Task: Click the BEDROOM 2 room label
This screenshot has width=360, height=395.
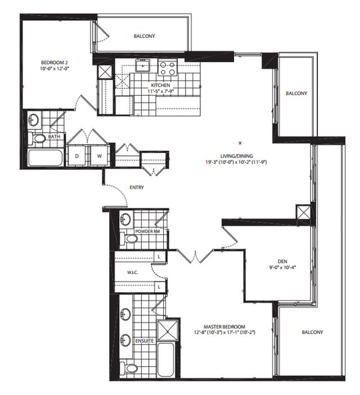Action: [x=55, y=62]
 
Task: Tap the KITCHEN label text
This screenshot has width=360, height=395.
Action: [x=160, y=85]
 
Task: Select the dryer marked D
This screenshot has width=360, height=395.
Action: [x=77, y=155]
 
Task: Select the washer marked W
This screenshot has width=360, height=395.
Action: [x=99, y=155]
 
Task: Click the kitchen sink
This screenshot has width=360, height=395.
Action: [x=142, y=65]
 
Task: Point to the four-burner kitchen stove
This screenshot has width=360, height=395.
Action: [x=168, y=68]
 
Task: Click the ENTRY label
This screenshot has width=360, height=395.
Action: [x=137, y=187]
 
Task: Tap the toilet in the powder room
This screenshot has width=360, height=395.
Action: [x=129, y=239]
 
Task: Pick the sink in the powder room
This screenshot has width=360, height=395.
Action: [x=125, y=219]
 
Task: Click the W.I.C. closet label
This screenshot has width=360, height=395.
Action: [x=132, y=272]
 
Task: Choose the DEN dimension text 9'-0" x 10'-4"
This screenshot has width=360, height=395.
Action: [x=282, y=267]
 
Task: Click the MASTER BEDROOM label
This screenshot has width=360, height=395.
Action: [x=224, y=326]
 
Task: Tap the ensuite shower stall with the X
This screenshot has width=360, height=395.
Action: [x=168, y=330]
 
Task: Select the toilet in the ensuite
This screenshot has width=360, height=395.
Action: [x=129, y=368]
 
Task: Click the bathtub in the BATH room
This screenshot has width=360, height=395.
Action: [x=46, y=158]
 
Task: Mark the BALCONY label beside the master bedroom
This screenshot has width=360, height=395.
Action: [x=312, y=332]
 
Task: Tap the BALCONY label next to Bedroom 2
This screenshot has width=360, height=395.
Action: [x=144, y=36]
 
